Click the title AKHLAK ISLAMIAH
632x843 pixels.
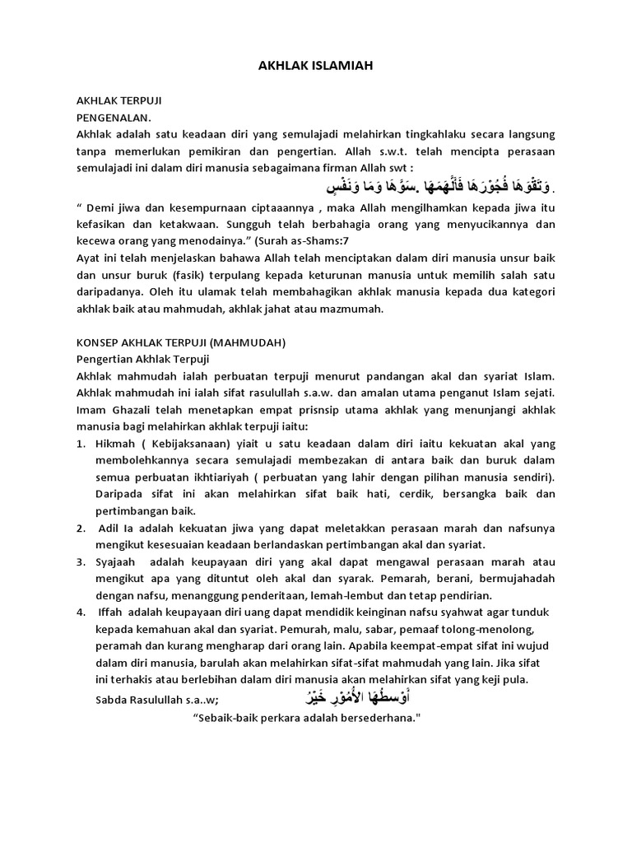(315, 65)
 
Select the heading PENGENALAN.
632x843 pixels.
(114, 117)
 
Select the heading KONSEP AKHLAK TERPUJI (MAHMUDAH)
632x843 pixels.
(181, 342)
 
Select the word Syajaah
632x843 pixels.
(121, 562)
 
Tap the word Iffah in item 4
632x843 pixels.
(114, 612)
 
